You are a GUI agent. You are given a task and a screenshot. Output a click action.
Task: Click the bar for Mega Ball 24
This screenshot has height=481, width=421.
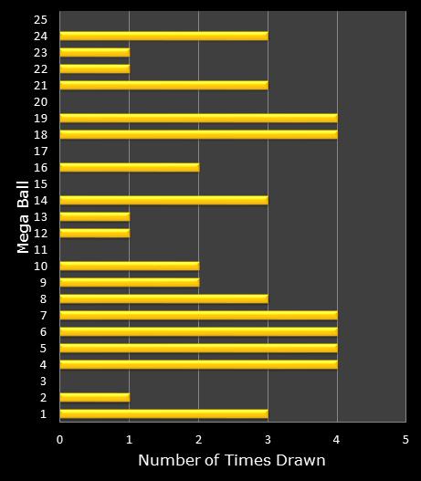(163, 36)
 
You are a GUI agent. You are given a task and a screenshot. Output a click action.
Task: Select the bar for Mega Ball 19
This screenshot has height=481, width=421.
(198, 118)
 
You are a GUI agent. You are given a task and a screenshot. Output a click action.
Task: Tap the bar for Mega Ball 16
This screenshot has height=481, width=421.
(129, 167)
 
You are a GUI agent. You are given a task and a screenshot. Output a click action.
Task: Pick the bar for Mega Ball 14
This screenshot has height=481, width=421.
(163, 200)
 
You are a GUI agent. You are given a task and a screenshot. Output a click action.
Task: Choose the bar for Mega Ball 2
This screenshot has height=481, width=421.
(94, 397)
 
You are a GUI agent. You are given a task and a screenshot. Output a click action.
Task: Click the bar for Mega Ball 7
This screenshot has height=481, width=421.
(198, 315)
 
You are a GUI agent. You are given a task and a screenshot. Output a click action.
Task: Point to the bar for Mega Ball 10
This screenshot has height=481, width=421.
(129, 266)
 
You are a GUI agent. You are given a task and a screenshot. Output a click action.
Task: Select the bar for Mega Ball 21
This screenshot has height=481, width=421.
(163, 85)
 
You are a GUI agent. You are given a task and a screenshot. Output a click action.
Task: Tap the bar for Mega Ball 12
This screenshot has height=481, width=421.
(94, 233)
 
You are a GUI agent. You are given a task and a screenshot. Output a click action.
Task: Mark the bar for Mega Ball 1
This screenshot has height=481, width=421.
(163, 413)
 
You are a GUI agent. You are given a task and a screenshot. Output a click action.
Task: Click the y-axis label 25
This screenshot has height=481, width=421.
(39, 19)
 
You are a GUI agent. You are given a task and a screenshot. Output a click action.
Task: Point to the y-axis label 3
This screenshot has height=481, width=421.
(43, 381)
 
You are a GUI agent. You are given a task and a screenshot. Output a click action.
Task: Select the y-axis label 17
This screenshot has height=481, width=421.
(39, 151)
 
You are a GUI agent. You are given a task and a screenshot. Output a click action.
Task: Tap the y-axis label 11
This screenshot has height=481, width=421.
(39, 249)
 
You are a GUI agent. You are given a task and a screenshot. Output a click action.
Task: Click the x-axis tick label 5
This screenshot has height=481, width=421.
(406, 440)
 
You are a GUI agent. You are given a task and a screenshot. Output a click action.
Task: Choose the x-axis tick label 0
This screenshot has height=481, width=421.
(60, 440)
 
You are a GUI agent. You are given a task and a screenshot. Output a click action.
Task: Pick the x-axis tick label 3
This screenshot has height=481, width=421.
(268, 440)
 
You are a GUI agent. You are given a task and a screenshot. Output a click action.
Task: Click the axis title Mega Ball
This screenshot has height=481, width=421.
(24, 216)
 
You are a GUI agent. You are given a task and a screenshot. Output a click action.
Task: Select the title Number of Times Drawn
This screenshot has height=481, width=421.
(232, 461)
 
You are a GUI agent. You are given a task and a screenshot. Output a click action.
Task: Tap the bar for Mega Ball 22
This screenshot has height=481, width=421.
(94, 68)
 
